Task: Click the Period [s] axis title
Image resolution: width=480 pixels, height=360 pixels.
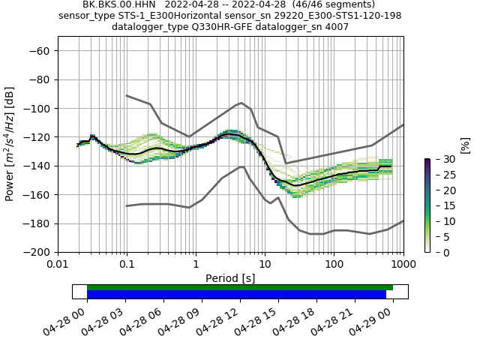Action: pos(230,278)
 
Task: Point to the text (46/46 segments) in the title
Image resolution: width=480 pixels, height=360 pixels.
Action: pos(330,4)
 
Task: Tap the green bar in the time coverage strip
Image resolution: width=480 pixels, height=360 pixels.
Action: pos(240,287)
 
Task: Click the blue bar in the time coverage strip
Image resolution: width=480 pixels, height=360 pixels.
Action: pos(236,295)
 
